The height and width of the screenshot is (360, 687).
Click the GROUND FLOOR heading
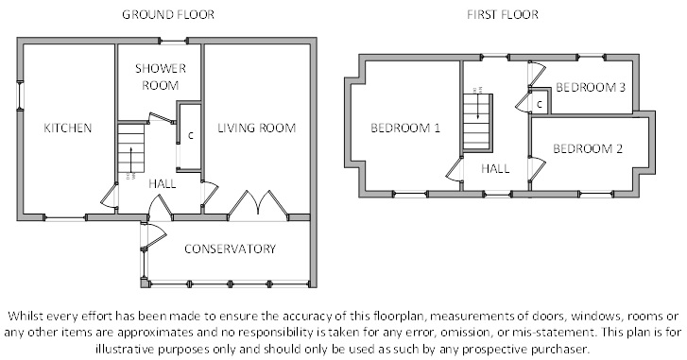click(168, 14)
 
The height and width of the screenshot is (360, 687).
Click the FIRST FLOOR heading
click(503, 14)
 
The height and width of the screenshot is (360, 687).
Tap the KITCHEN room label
click(68, 128)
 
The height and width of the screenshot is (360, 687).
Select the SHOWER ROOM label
click(161, 77)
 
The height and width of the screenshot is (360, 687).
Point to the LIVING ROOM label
click(257, 128)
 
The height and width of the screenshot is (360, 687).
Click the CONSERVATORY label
click(230, 249)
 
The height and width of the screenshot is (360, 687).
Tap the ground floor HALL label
click(163, 183)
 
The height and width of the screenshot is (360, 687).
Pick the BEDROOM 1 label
click(405, 128)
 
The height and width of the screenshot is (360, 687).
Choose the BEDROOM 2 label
click(588, 148)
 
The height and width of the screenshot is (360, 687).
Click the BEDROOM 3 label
click(591, 87)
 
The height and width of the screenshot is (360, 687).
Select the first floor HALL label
click(495, 168)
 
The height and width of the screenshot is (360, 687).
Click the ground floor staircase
click(131, 148)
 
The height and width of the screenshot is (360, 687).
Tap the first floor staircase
click(477, 122)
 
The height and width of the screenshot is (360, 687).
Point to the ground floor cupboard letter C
click(191, 136)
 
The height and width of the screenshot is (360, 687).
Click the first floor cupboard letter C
click(540, 105)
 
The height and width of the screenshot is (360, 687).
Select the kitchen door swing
click(110, 197)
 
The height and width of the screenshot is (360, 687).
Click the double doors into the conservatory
click(259, 204)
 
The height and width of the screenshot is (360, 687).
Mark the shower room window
click(174, 42)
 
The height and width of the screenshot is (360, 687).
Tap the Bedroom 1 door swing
click(455, 170)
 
